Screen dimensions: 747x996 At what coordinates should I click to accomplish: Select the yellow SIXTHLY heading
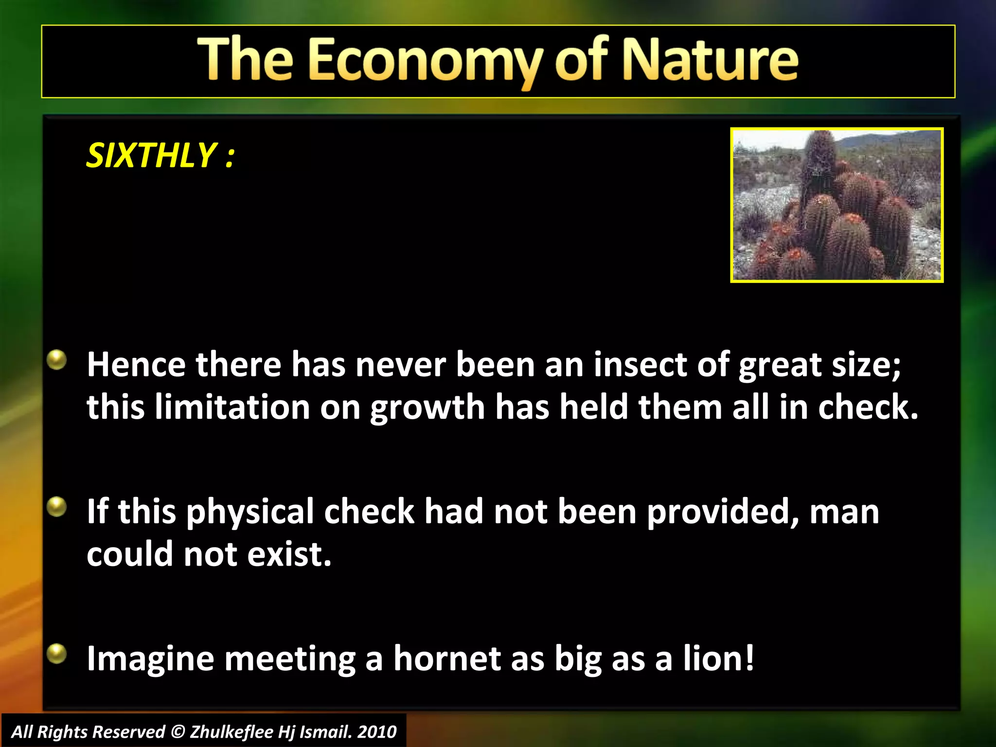[x=160, y=156]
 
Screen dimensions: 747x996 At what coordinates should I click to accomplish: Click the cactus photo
[x=836, y=205]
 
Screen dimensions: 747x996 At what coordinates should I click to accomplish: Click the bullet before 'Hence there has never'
[x=57, y=360]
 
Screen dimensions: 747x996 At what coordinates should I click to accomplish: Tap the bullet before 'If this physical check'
[x=57, y=507]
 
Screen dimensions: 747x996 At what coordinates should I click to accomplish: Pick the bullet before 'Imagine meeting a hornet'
[x=57, y=654]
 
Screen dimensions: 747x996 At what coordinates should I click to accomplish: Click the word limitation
[x=232, y=407]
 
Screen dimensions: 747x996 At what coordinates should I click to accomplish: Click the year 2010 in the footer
[x=377, y=732]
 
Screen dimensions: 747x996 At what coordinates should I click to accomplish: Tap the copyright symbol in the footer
[x=178, y=732]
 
